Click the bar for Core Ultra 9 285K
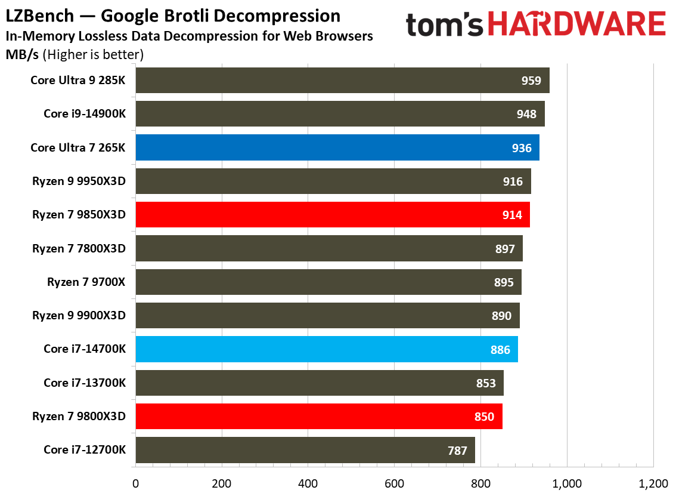tap(342, 81)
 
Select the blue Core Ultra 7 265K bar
tap(337, 147)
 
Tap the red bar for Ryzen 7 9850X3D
tap(333, 215)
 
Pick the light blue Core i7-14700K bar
tap(327, 349)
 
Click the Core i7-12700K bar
tap(305, 450)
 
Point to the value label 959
tap(531, 81)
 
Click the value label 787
tap(457, 451)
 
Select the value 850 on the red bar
tap(484, 417)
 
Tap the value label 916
tap(513, 181)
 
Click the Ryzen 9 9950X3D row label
tap(79, 181)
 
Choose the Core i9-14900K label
tap(85, 114)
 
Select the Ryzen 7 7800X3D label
tap(79, 248)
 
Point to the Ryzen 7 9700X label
tap(86, 282)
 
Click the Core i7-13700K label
tap(85, 383)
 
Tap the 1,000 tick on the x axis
tap(567, 483)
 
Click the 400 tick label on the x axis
tap(308, 483)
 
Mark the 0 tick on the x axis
tap(135, 483)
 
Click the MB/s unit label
tap(22, 55)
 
